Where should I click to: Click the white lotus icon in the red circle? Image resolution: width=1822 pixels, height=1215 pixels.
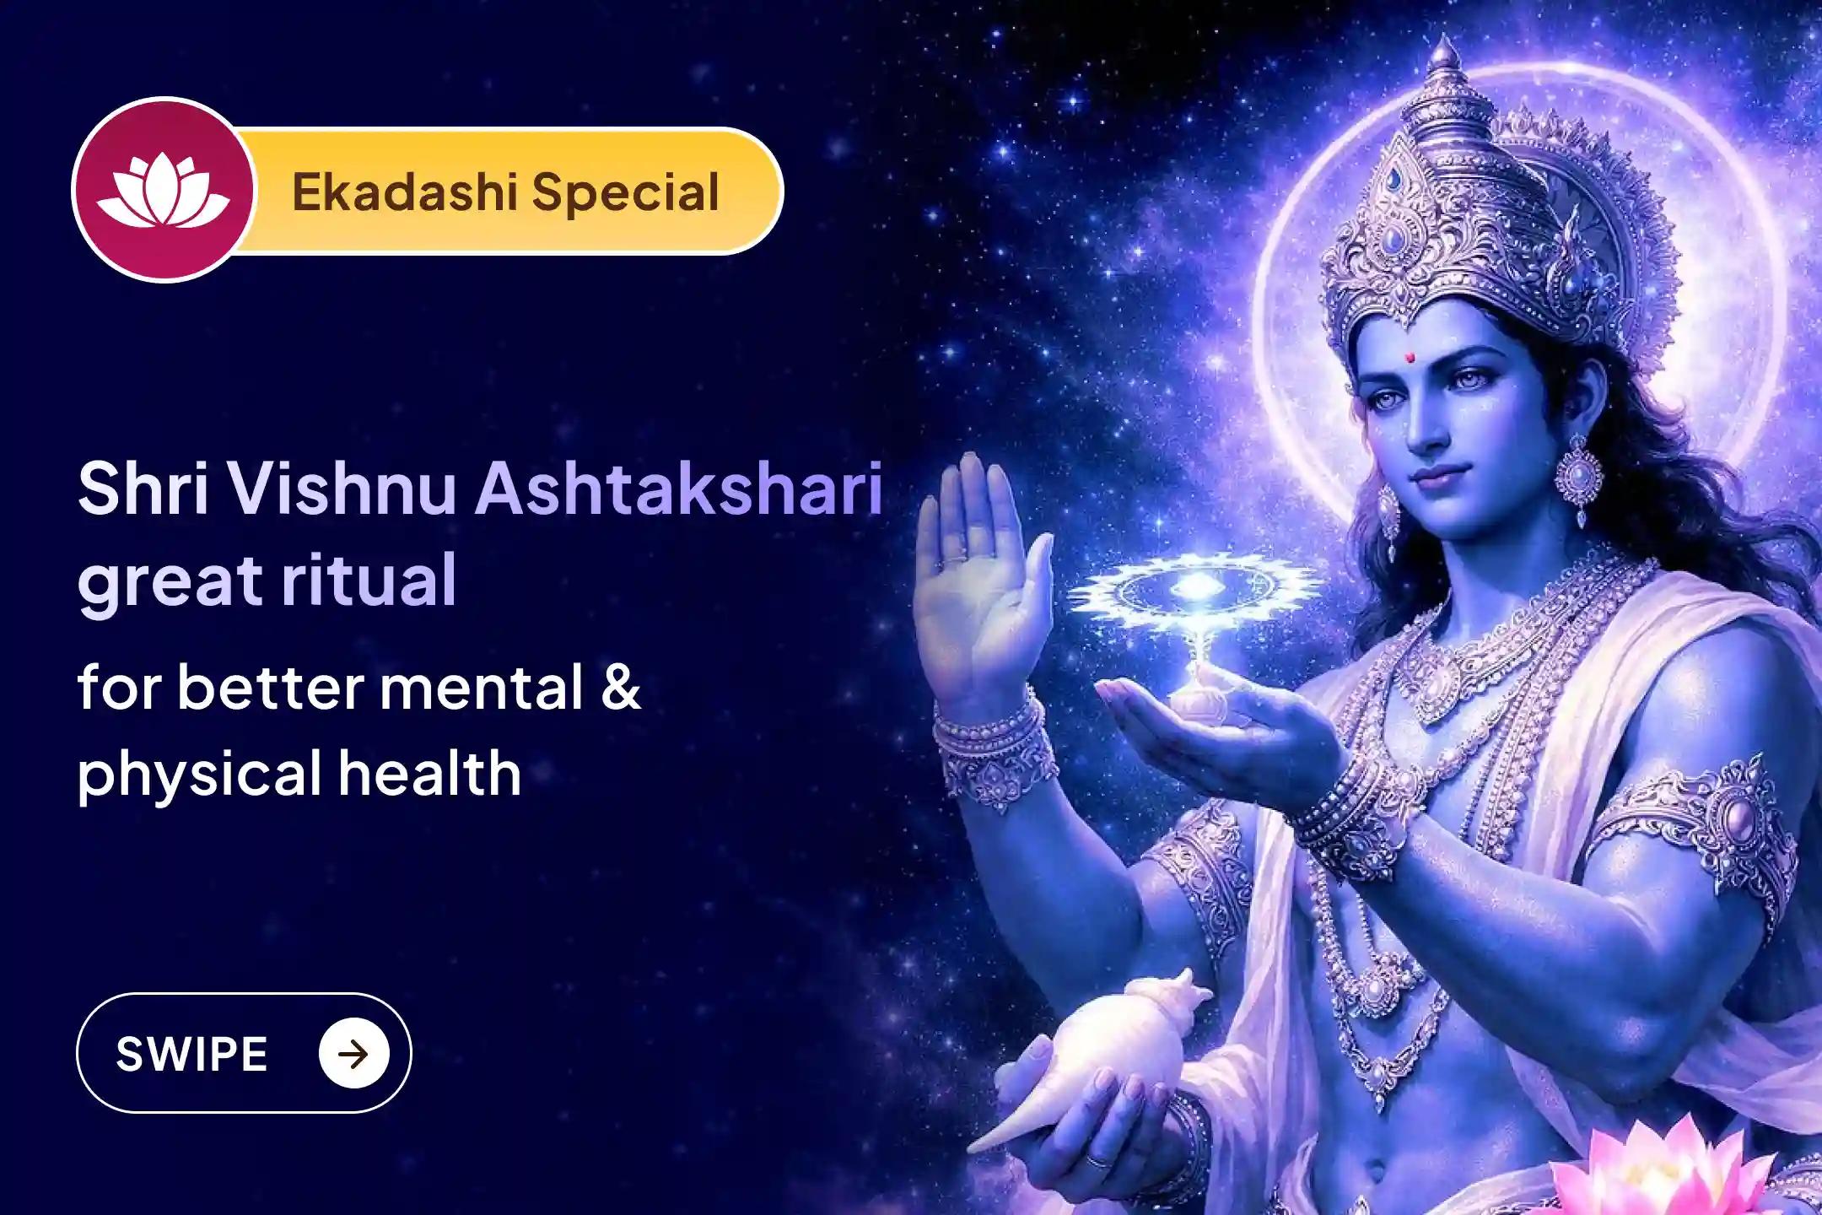pyautogui.click(x=163, y=191)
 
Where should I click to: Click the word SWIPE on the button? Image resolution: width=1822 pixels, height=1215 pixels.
pyautogui.click(x=191, y=1054)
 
